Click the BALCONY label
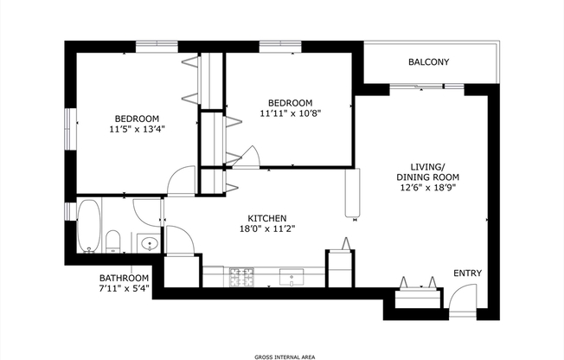tap(428, 61)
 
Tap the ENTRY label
tap(468, 273)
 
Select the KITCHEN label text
tap(267, 218)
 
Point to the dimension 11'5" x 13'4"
tap(137, 129)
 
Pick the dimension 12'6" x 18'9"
tap(427, 187)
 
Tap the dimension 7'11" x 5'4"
tap(124, 289)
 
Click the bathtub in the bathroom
tap(88, 227)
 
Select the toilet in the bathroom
tap(112, 240)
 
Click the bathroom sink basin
tap(148, 243)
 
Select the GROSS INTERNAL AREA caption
tap(282, 355)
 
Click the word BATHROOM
tap(124, 279)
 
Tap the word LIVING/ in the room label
tap(427, 166)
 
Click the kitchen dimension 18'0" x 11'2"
tap(267, 229)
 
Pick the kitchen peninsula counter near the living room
tap(352, 192)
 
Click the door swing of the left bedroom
tap(181, 179)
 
